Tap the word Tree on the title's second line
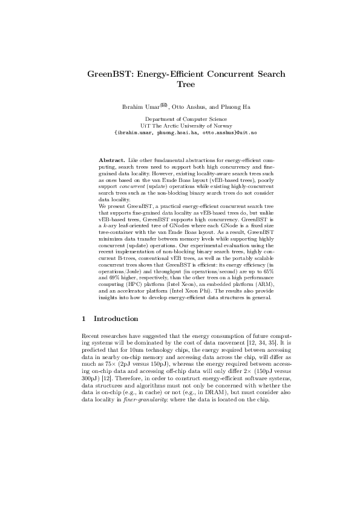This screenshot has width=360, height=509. pyautogui.click(x=180, y=85)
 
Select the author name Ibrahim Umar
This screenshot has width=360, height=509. pyautogui.click(x=138, y=108)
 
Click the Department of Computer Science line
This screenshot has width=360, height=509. pyautogui.click(x=180, y=120)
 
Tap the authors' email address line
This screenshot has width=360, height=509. pyautogui.click(x=180, y=132)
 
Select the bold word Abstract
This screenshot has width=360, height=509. pyautogui.click(x=112, y=159)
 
